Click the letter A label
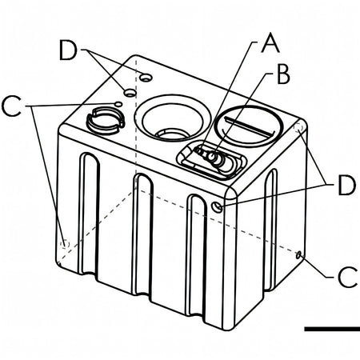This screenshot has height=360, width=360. point(270,43)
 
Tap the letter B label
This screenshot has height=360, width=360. point(283,74)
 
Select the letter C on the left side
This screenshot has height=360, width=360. point(11,106)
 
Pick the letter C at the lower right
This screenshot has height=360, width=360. point(347,277)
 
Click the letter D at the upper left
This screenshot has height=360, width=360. point(68,50)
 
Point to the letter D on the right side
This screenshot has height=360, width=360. point(346,185)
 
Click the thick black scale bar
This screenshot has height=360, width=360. point(332,329)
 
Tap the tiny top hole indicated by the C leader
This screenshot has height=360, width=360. point(118,104)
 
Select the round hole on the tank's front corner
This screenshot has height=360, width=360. point(218,206)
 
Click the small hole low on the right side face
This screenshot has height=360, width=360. point(298,255)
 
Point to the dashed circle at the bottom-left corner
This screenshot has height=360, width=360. point(65,244)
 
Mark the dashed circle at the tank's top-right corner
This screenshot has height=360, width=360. point(299,127)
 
